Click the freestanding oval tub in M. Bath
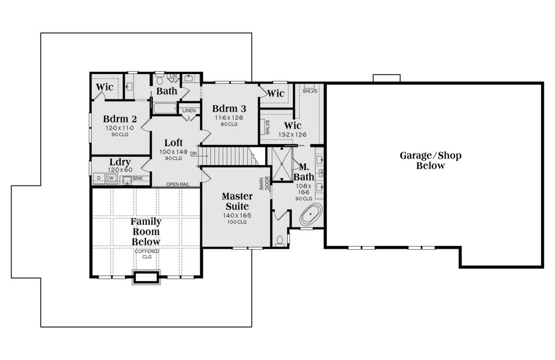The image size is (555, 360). click(311, 214)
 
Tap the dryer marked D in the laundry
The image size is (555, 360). click(99, 178)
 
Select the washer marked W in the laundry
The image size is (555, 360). click(112, 178)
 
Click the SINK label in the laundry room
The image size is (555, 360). click(137, 178)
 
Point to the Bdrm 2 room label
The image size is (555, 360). click(120, 119)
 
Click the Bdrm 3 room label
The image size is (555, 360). click(229, 109)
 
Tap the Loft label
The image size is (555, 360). click(173, 143)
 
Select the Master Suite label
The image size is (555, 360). click(237, 201)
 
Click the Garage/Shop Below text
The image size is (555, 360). click(431, 160)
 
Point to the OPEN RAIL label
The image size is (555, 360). click(178, 184)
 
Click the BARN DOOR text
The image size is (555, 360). click(264, 183)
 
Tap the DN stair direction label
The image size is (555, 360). click(193, 153)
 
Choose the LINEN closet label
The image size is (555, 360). click(189, 110)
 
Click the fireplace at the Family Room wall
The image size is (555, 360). click(146, 277)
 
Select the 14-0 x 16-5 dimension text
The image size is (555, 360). click(237, 215)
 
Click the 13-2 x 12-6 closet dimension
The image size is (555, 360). click(292, 134)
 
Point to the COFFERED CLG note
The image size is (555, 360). click(147, 254)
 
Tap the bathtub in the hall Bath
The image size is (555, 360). click(165, 108)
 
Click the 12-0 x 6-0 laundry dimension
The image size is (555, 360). click(120, 170)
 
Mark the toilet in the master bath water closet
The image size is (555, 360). click(280, 241)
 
